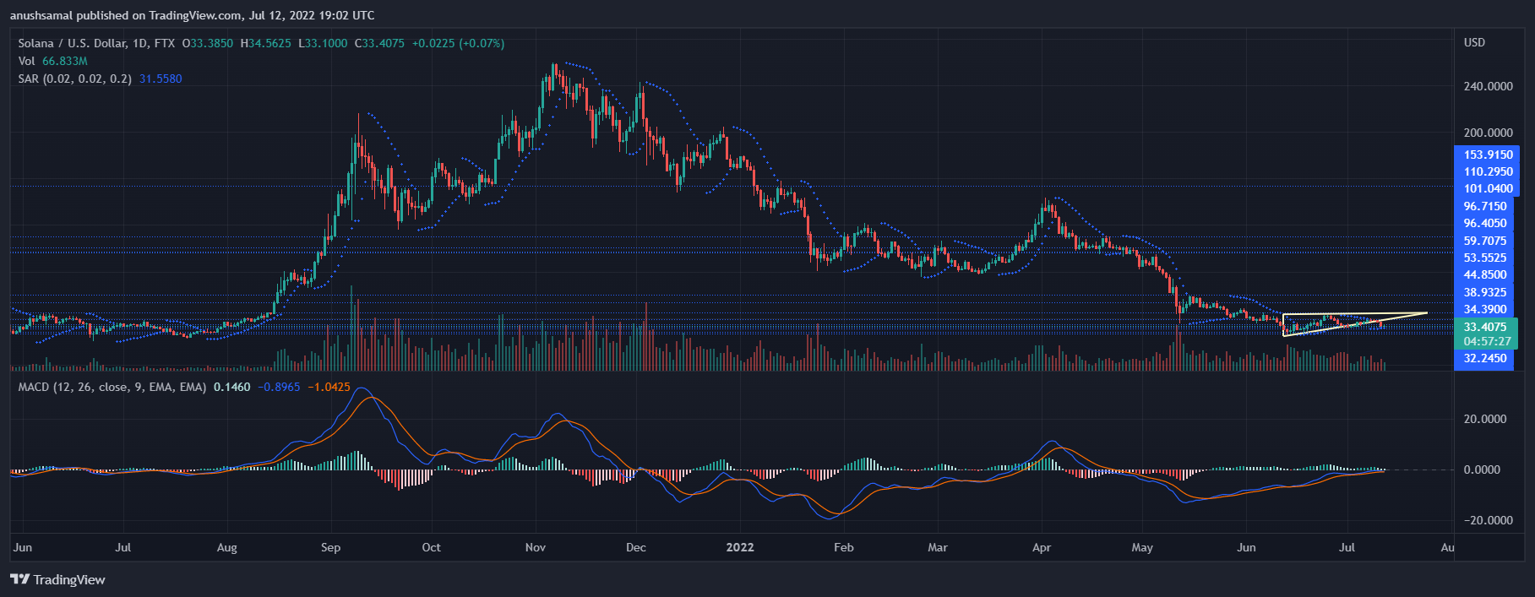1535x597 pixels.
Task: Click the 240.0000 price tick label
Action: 1488,86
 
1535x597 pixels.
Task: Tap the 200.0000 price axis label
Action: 1488,133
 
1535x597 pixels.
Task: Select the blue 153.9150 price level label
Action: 1488,155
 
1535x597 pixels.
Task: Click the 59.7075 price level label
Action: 1485,241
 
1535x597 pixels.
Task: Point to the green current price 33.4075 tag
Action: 1485,327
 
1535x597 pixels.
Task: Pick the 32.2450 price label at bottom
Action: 1485,358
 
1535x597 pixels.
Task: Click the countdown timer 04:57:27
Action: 1487,341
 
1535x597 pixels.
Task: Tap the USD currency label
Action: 1474,42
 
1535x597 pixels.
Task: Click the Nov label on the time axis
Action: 536,547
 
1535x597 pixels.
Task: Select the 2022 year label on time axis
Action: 740,547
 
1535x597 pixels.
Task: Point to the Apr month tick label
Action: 1042,547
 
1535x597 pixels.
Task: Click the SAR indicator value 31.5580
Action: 161,79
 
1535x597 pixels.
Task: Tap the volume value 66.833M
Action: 65,61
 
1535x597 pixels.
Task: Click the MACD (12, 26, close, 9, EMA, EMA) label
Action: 112,387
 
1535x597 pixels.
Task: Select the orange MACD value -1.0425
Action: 329,387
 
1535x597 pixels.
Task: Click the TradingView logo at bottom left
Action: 57,579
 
